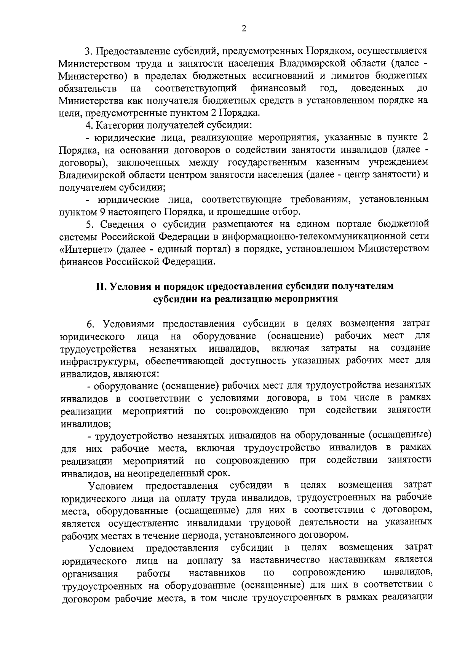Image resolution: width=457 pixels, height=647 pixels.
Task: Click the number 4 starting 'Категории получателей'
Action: [89, 125]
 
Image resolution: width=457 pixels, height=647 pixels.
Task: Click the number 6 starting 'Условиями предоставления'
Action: [90, 324]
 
